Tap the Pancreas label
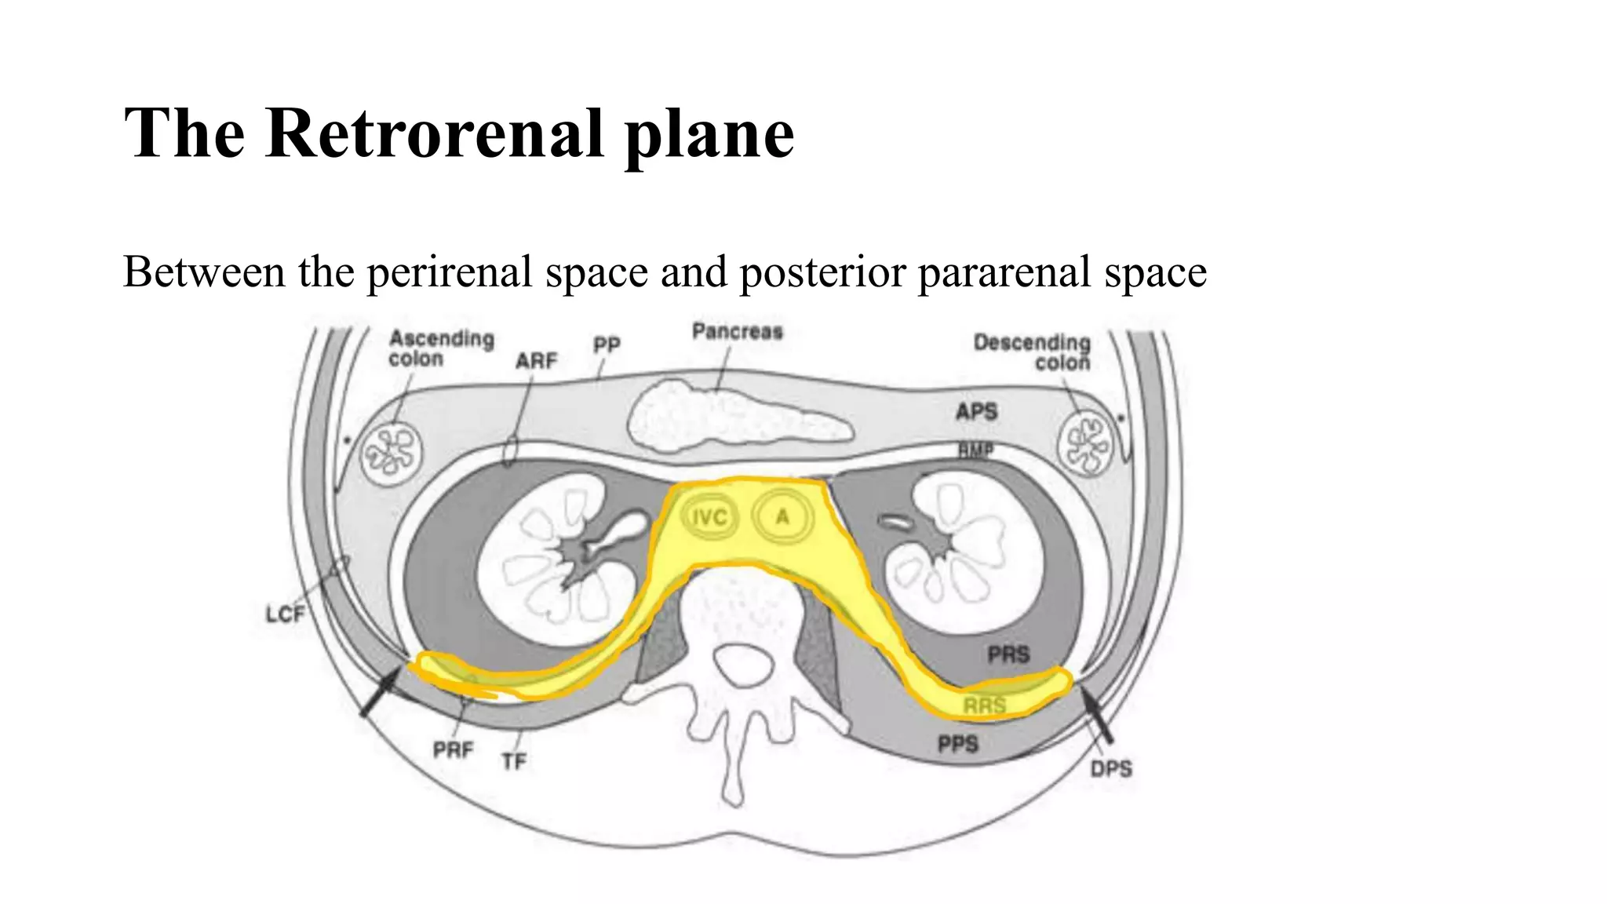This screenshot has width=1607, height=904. [737, 332]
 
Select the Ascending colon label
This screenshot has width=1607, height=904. [441, 348]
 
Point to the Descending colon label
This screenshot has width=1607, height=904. [1033, 352]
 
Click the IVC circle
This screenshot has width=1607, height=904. [709, 518]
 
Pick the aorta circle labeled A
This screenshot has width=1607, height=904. [782, 517]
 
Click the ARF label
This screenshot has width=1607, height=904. [536, 361]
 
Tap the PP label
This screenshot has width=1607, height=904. [607, 344]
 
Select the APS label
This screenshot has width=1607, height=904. [976, 411]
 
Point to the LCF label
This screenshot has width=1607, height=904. [284, 614]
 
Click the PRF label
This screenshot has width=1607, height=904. [453, 750]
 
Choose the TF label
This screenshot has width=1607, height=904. [514, 760]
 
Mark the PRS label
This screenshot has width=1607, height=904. [1008, 654]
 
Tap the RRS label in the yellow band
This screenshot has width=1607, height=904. [984, 705]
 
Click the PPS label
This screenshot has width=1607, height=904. [958, 743]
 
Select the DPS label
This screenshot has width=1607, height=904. [1110, 769]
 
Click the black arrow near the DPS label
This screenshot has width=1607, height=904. [1097, 713]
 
